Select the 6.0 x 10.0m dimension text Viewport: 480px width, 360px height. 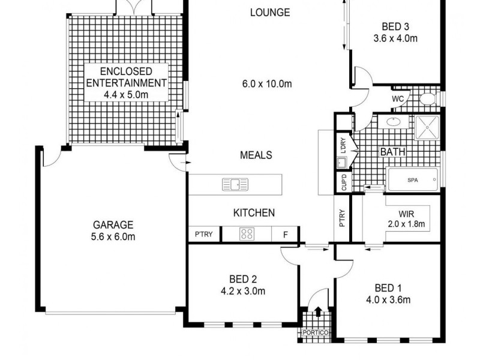pos(267,83)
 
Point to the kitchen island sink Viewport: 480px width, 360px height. pos(235,185)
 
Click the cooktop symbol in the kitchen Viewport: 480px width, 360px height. pos(247,234)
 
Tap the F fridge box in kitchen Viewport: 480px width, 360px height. pos(286,235)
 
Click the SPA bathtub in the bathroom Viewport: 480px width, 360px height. pos(412,180)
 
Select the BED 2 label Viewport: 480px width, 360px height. pos(243,278)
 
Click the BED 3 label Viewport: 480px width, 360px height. pos(395,26)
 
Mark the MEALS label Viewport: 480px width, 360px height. pos(256,155)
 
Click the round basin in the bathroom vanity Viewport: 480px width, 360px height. pos(394,123)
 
